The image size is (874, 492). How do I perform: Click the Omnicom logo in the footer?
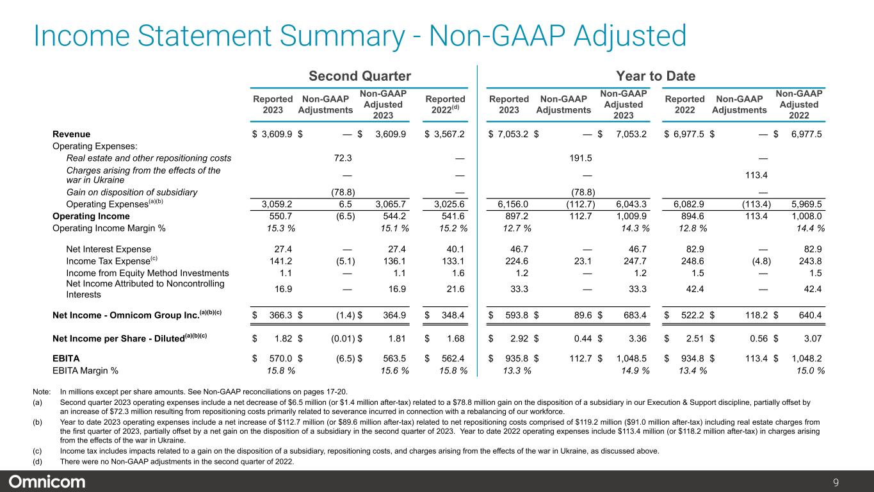[47, 481]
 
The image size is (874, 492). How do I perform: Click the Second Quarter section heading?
[360, 76]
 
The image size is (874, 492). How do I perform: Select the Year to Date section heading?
[656, 76]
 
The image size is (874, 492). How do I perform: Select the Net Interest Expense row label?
[108, 249]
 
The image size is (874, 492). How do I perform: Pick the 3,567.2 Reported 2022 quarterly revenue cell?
[449, 134]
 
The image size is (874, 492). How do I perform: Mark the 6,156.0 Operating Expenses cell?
[514, 204]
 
